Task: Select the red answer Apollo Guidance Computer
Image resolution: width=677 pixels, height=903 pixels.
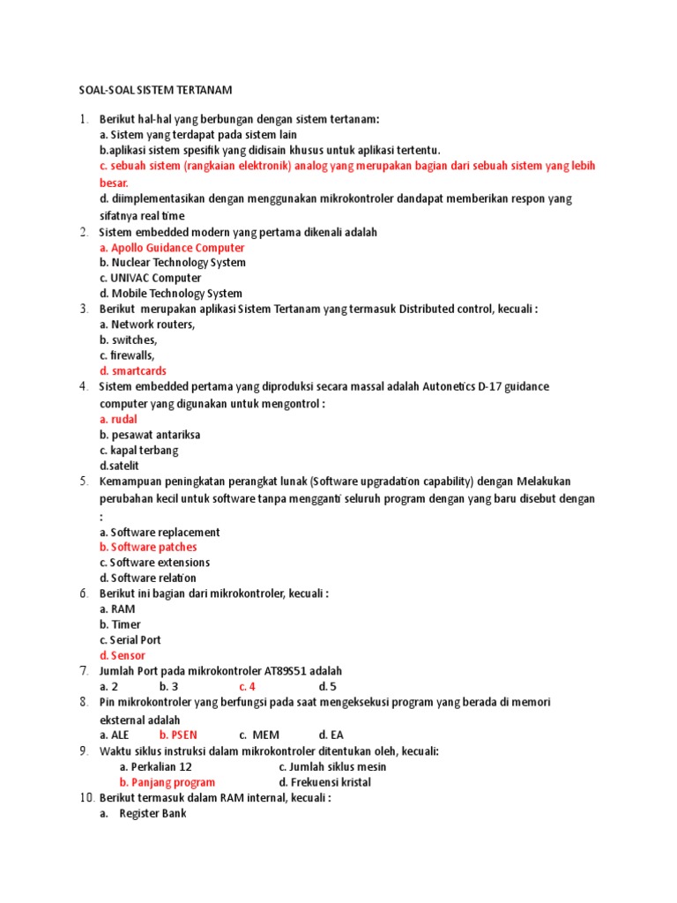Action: click(x=172, y=248)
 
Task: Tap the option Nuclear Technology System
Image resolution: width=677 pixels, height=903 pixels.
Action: click(x=172, y=263)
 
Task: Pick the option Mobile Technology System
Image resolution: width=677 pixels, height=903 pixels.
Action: click(x=171, y=294)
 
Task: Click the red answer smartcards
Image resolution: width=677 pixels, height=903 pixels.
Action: click(x=133, y=371)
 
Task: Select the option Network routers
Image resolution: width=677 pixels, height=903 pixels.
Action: click(x=147, y=325)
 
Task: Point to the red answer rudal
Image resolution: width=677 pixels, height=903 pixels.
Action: click(x=118, y=420)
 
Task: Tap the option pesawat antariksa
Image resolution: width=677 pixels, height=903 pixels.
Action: click(x=150, y=435)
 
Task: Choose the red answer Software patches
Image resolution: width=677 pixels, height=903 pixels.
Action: click(x=148, y=548)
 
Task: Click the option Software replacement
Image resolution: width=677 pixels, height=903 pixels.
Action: click(x=160, y=533)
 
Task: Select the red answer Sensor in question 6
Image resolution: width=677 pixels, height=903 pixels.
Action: click(x=123, y=656)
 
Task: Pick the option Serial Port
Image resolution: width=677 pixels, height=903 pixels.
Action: click(x=130, y=640)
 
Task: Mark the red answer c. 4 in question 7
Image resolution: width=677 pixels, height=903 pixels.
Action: click(x=247, y=686)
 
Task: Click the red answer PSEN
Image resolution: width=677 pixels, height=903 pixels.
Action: click(x=178, y=735)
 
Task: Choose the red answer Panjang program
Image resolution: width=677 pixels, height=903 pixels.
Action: click(x=167, y=782)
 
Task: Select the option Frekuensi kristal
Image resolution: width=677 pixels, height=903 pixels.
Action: click(x=324, y=782)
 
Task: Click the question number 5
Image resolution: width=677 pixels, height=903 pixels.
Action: click(x=84, y=481)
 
